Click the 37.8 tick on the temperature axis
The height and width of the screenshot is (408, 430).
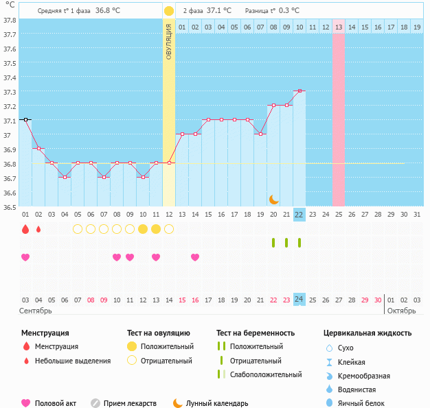point(9,21)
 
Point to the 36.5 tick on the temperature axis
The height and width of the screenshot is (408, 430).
point(9,207)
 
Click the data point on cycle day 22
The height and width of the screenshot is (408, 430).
point(299,91)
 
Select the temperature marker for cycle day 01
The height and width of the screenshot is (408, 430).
point(25,119)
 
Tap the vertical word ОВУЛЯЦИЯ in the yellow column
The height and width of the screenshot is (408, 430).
point(169,41)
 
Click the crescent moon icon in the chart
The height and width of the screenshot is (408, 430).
point(273,199)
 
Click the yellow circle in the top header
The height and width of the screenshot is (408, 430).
point(169,11)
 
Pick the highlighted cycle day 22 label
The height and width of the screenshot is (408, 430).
point(299,215)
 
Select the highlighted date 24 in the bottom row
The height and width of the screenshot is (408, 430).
point(299,300)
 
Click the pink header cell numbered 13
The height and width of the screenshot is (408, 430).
point(339,27)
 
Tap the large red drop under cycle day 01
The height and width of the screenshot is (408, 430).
point(25,229)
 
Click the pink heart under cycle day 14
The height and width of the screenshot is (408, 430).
point(195,257)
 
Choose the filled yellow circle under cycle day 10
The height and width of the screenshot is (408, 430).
point(143,229)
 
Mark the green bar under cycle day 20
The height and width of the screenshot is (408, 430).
point(273,243)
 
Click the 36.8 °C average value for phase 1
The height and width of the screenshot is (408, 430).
point(107,11)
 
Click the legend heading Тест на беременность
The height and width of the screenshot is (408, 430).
point(256,333)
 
